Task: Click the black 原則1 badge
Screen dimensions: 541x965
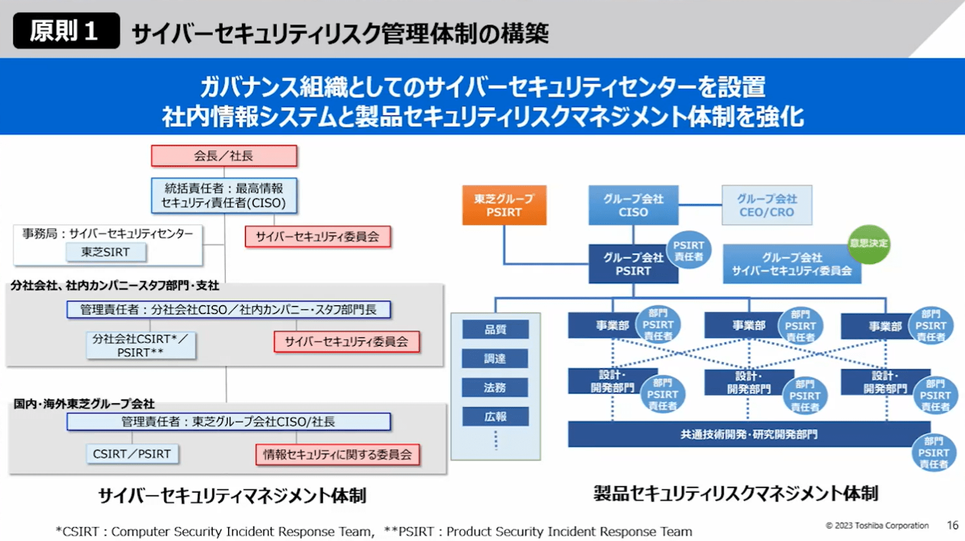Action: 66,31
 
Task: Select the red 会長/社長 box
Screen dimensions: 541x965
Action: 224,156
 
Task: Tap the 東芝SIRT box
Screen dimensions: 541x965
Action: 106,252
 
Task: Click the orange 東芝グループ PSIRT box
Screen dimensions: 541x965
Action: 504,205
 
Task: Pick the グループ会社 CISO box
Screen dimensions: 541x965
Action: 633,205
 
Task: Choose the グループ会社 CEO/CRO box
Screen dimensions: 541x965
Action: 766,205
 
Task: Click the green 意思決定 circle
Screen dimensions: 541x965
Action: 869,244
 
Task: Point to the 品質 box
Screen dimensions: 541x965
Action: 495,329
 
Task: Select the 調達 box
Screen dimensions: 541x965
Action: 495,359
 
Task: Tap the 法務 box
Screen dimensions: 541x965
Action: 495,388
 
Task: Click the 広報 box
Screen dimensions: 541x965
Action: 495,416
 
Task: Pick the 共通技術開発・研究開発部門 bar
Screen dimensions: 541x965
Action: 748,434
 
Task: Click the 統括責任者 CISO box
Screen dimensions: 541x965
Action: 224,196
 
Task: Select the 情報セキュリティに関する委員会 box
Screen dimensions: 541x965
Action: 338,454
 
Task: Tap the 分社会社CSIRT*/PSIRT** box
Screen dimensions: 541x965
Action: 140,345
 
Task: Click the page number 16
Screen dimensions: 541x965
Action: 952,525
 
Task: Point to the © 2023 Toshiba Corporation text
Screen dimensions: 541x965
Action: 877,525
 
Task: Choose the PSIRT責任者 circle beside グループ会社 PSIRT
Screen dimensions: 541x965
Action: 688,250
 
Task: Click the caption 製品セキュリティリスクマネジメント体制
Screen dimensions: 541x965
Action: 735,493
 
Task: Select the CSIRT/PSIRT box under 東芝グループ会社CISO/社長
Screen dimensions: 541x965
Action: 132,454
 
